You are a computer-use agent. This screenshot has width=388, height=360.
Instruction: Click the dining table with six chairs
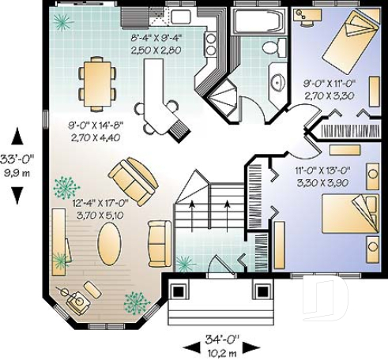point(96,81)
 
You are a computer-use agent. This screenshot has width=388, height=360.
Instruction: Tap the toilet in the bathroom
point(273,47)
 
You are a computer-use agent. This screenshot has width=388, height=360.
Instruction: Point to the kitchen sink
point(181,17)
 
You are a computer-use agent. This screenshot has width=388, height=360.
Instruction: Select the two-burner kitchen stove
point(211,44)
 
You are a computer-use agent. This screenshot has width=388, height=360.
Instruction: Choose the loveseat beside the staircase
point(160,243)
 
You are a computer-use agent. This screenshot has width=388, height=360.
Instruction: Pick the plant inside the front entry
point(183,262)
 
